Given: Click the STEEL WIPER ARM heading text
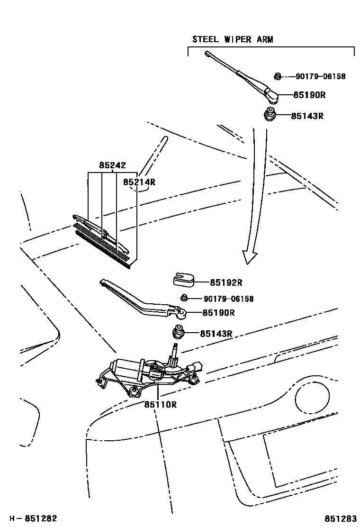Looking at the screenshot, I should point(233,39).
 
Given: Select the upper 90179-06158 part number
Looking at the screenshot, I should point(320,76).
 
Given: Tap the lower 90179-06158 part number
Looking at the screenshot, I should point(229,299).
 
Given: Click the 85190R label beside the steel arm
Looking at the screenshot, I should point(309,95).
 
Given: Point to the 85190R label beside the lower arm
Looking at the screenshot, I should point(218,313).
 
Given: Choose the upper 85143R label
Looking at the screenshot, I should point(307,116).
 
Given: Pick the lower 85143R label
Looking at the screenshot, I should point(216,334).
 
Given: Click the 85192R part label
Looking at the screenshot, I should point(226,283).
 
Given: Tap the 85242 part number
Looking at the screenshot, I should point(112,165).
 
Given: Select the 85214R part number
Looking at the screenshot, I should point(139,182).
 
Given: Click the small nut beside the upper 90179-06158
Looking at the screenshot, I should point(279,76).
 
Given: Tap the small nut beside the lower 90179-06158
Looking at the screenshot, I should point(184,298).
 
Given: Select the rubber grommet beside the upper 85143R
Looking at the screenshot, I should point(270,115).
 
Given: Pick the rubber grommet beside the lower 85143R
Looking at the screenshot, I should point(180,333).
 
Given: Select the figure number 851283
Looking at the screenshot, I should point(340,518).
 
